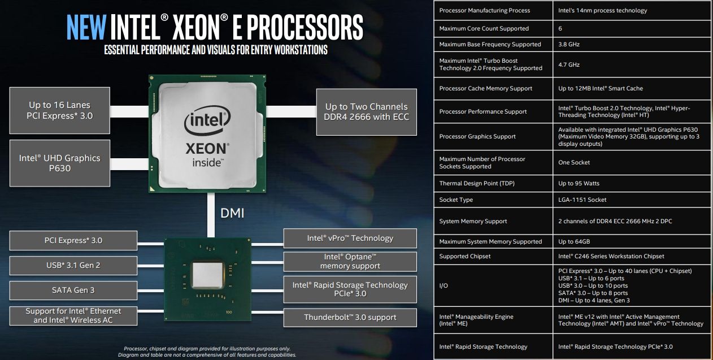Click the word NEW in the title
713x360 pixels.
(86, 27)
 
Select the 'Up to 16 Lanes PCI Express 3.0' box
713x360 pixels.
(59, 110)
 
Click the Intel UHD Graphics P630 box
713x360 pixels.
(59, 163)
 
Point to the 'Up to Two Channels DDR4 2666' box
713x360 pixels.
(366, 111)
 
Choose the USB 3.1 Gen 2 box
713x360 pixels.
(73, 265)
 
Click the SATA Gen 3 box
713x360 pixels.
(73, 290)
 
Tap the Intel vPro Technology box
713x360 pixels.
(350, 238)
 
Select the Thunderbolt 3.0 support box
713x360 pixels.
(350, 317)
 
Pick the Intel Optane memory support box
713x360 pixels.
(350, 262)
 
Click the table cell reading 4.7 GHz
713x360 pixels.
(569, 64)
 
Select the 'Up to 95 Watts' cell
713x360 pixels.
(579, 183)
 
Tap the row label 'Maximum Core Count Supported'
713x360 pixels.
(484, 28)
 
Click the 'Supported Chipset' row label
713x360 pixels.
(464, 256)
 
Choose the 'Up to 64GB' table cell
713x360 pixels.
(574, 241)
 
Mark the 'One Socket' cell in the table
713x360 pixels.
(574, 162)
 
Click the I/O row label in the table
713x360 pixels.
(444, 285)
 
